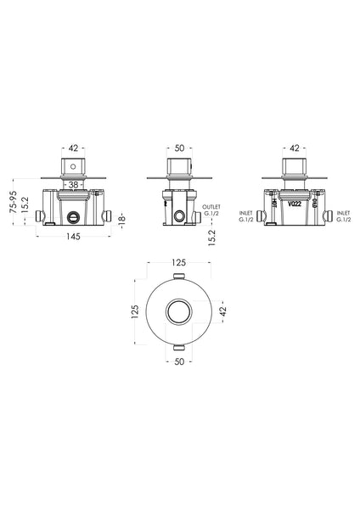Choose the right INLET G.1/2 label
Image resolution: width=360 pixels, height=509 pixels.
[x=344, y=216]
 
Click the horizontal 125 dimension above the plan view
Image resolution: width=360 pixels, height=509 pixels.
[x=179, y=264]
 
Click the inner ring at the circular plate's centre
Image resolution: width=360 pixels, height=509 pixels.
[x=179, y=313]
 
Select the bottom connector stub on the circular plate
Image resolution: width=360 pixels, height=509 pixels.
[x=179, y=349]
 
